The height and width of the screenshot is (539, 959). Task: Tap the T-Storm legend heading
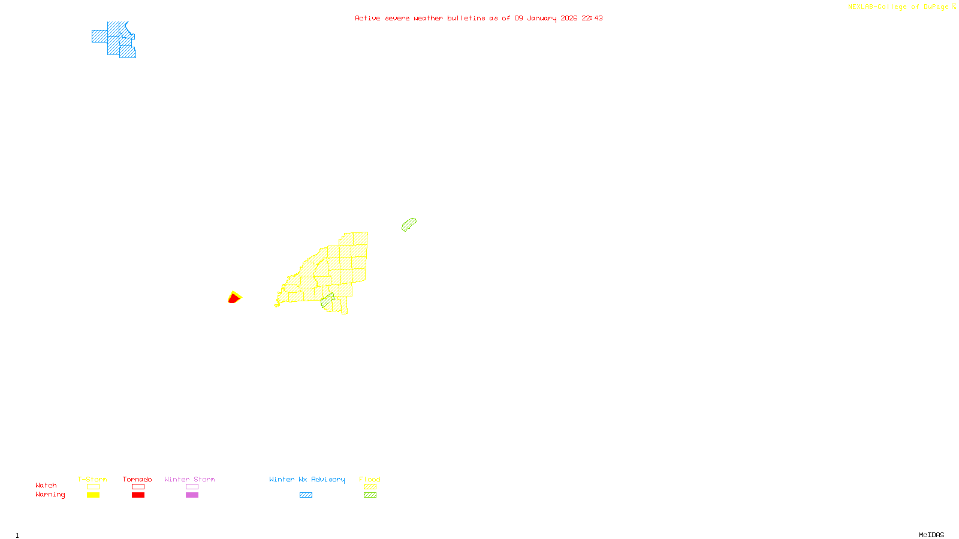tap(92, 479)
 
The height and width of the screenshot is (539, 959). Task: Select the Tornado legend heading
tap(137, 479)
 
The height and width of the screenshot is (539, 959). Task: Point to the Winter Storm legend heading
tap(189, 479)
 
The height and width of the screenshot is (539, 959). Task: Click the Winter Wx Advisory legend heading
tap(307, 479)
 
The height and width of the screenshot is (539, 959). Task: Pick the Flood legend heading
tap(370, 479)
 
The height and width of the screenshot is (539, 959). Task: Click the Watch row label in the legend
tap(46, 486)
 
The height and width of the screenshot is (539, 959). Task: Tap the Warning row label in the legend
tap(50, 495)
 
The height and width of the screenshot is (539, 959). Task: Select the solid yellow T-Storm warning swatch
tap(93, 495)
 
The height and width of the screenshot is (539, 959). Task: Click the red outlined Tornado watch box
tap(138, 487)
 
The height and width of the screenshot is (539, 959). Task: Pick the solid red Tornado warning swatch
tap(138, 495)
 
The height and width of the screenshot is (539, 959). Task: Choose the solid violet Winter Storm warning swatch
tap(192, 495)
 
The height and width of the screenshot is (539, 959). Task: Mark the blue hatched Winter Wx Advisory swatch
tap(306, 495)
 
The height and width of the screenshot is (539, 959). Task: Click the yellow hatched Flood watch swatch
tap(370, 487)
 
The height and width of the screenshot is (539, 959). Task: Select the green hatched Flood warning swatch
tap(370, 495)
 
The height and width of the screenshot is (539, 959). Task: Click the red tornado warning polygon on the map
tap(233, 299)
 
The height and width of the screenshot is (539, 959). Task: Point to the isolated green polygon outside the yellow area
tap(409, 225)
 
